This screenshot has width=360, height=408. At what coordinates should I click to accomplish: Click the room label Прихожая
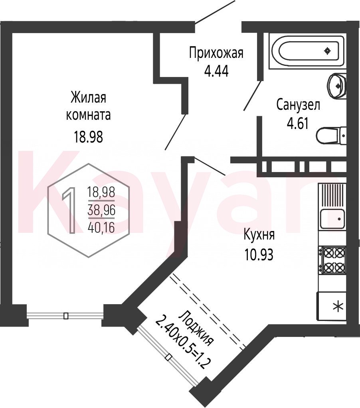216,53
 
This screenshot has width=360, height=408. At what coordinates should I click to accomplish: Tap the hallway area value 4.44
216,71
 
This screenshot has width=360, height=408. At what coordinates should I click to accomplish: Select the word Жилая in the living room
89,98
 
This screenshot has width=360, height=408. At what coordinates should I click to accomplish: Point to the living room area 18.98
89,137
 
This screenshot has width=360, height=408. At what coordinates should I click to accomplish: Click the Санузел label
298,105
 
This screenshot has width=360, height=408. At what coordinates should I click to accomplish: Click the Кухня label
259,235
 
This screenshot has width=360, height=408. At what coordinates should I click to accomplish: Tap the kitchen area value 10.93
259,254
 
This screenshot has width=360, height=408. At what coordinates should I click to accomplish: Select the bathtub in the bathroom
307,51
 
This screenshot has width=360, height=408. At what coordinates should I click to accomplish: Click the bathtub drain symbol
328,51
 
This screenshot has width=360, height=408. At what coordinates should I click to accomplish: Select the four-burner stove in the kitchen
333,260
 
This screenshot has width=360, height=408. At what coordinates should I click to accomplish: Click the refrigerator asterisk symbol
338,306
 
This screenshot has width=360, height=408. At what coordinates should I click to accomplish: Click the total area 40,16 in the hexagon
101,228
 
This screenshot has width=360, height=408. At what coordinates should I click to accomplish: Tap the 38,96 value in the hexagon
101,210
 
